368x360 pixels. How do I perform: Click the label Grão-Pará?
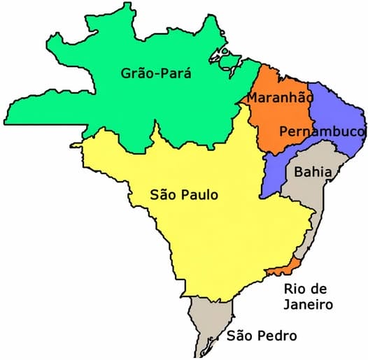155,73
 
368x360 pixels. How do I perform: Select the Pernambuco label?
322,131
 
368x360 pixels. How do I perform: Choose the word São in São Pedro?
240,336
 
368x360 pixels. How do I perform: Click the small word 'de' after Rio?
322,289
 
